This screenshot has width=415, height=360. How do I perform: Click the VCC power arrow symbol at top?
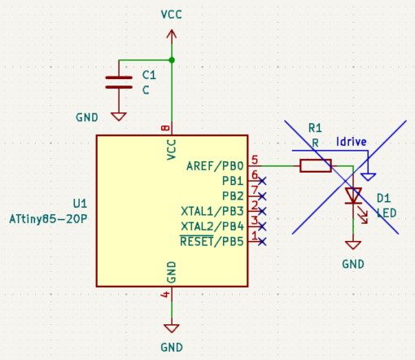pyautogui.click(x=172, y=35)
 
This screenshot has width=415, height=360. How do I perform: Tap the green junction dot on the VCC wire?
pyautogui.click(x=172, y=60)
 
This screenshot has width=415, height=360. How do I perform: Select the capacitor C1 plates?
pyautogui.click(x=119, y=82)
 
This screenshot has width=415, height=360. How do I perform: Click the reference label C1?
pyautogui.click(x=149, y=75)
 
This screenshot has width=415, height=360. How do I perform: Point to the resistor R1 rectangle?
pyautogui.click(x=316, y=165)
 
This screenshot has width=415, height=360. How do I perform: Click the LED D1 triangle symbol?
pyautogui.click(x=353, y=195)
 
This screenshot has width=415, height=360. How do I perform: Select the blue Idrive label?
pyautogui.click(x=352, y=142)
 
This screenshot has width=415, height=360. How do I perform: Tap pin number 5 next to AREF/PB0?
pyautogui.click(x=255, y=160)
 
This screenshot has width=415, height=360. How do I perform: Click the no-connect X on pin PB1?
pyautogui.click(x=262, y=181)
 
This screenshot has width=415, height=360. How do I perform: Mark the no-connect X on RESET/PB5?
pyautogui.click(x=262, y=242)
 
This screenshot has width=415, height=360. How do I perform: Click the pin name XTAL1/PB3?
pyautogui.click(x=212, y=211)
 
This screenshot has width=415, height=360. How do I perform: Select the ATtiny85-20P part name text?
pyautogui.click(x=48, y=219)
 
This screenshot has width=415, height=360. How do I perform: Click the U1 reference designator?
pyautogui.click(x=80, y=204)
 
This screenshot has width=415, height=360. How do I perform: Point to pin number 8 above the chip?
pyautogui.click(x=165, y=128)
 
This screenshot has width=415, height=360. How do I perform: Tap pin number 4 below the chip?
pyautogui.click(x=165, y=294)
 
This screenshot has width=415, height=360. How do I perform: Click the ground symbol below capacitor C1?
pyautogui.click(x=119, y=116)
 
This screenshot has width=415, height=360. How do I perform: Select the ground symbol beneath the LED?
pyautogui.click(x=353, y=245)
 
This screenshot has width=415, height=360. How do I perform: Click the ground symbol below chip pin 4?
pyautogui.click(x=172, y=328)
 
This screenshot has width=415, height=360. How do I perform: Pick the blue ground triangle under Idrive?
pyautogui.click(x=369, y=177)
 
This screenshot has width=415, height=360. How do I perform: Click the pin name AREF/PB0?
pyautogui.click(x=215, y=166)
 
